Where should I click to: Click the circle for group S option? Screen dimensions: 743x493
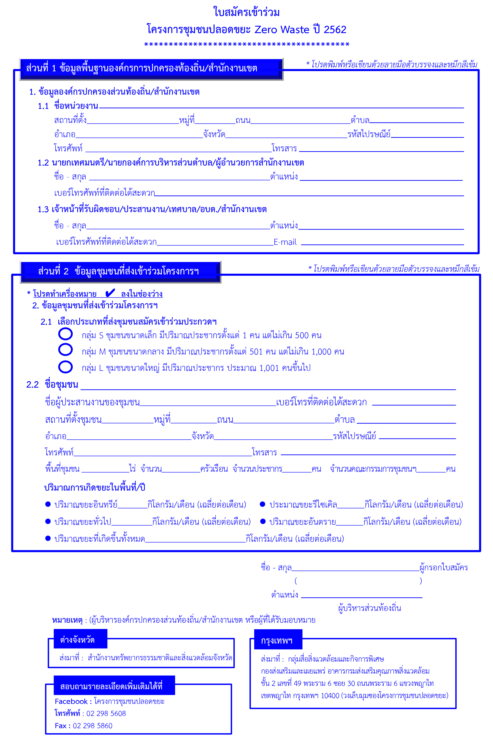coord(65,334)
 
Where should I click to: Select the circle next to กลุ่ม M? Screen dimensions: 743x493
coord(65,349)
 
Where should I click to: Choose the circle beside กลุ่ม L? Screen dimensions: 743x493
coord(65,367)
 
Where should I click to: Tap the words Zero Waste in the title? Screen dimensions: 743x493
coord(282,30)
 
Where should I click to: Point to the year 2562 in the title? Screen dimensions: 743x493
coord(335,30)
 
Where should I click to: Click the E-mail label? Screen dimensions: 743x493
coord(285,242)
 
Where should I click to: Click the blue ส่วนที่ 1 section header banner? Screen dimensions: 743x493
coord(151,68)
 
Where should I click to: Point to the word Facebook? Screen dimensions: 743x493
coord(71,702)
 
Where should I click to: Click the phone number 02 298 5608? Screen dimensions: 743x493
coord(106,713)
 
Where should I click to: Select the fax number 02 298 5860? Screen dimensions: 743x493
coord(92,726)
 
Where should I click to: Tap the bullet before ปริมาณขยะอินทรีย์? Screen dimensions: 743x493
coord(48,504)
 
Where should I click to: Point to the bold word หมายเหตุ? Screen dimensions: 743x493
coord(67,620)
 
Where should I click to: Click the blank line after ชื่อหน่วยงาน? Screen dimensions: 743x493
coord(281,107)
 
